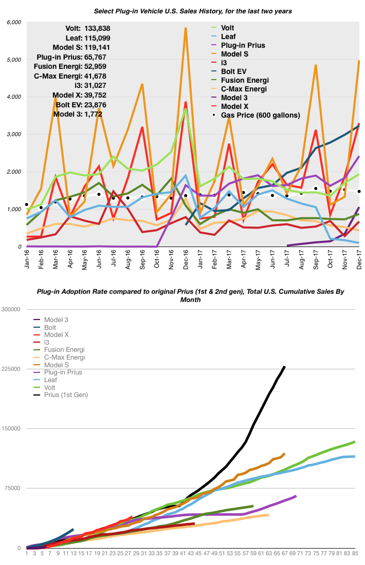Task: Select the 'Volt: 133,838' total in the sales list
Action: [x=88, y=29]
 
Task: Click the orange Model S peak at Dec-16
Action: [x=185, y=28]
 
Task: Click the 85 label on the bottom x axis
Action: [x=355, y=553]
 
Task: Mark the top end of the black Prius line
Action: [x=285, y=366]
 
